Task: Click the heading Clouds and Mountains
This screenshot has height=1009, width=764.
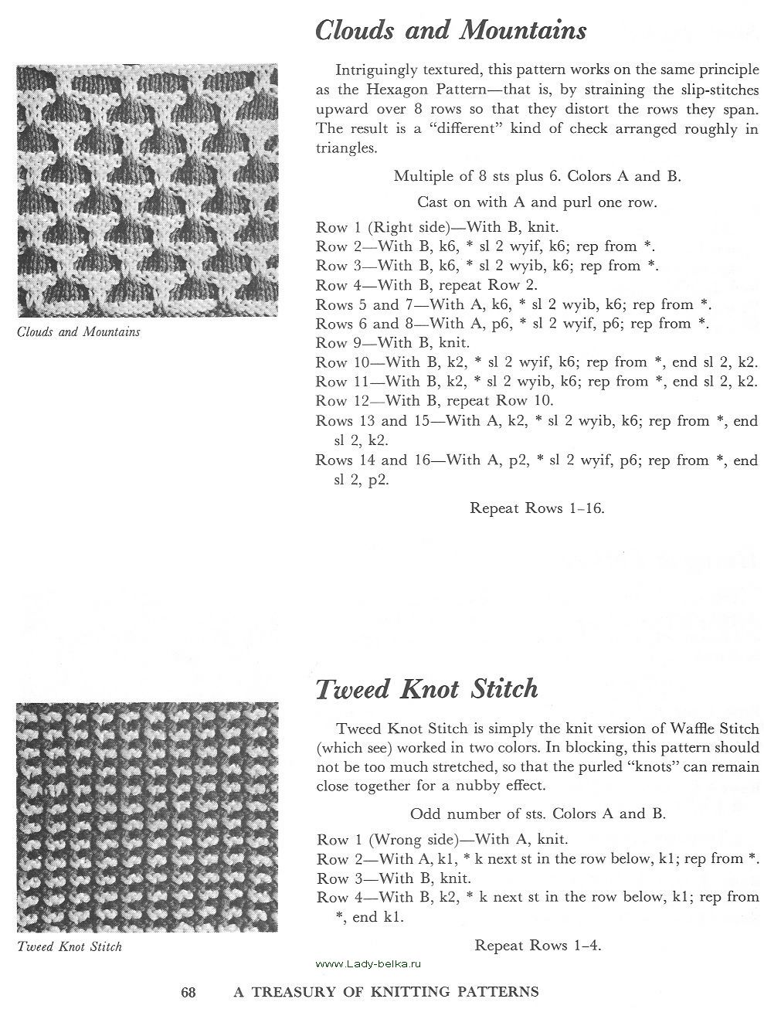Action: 450,31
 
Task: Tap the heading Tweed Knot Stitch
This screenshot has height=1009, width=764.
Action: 426,688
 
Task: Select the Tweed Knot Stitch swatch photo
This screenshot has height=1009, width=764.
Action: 147,819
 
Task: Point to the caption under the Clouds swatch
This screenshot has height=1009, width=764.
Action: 79,332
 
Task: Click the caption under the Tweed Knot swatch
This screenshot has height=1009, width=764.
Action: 70,946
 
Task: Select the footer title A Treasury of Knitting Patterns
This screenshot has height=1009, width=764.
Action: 386,991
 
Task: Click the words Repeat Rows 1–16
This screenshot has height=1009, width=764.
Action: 537,508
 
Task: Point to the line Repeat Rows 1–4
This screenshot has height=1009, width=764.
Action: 538,945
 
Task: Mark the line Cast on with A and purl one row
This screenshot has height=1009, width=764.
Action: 537,202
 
